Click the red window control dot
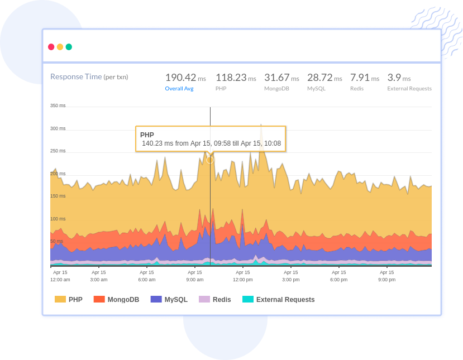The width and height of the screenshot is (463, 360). (x=51, y=47)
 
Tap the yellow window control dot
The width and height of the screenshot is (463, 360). (x=60, y=47)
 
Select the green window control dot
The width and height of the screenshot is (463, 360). (x=69, y=47)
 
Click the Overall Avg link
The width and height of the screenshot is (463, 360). (x=179, y=88)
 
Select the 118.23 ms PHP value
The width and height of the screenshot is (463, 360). (x=235, y=78)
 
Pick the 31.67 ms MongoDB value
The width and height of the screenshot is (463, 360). (x=281, y=78)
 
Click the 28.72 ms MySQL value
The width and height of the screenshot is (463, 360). (x=324, y=78)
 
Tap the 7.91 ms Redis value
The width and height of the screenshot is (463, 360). (x=364, y=78)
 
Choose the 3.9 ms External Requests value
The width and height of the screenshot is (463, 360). (x=399, y=78)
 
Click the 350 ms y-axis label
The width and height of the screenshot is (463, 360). (x=58, y=105)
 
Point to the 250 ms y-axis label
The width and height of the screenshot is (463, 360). (x=58, y=151)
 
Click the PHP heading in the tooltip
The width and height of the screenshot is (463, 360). (x=147, y=135)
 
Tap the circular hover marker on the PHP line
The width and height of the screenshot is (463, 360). (x=210, y=160)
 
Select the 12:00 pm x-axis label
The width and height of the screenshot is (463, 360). (x=243, y=276)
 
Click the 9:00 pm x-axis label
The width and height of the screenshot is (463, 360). (x=386, y=276)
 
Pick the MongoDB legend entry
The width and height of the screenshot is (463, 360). (x=117, y=300)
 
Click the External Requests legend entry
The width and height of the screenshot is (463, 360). (x=279, y=300)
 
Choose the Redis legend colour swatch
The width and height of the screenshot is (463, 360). (x=204, y=300)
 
